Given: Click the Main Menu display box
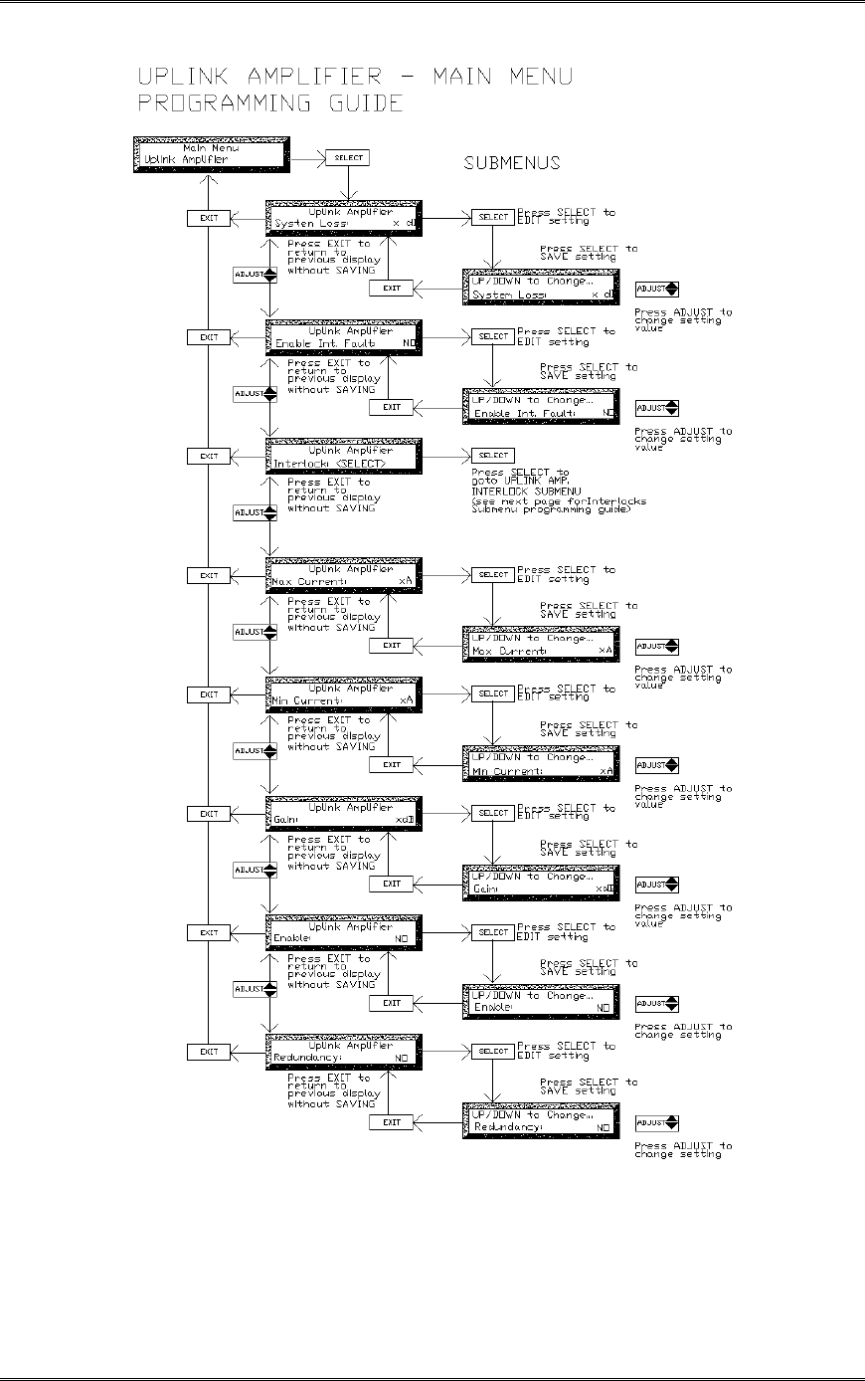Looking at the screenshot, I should [210, 155].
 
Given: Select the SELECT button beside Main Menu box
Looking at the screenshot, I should [346, 157].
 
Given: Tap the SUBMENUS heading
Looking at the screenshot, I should [512, 163].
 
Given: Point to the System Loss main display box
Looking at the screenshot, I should [345, 218].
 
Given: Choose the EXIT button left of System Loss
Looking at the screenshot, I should [209, 218].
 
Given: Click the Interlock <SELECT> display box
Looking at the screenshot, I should [345, 456].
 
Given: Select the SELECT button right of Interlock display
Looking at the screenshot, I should [493, 456].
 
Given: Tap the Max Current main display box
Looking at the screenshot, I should [345, 575].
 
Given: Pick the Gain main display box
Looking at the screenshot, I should [345, 813].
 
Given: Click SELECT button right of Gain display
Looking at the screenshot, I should [493, 813].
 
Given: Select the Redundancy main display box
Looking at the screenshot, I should [345, 1052].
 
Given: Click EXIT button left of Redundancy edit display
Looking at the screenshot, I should [392, 1122].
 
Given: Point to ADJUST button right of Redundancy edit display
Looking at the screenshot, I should [657, 1122].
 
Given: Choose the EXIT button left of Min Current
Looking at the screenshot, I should [209, 694].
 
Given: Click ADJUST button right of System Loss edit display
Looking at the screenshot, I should [657, 289].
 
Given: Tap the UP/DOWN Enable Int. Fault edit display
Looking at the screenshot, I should [541, 407].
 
